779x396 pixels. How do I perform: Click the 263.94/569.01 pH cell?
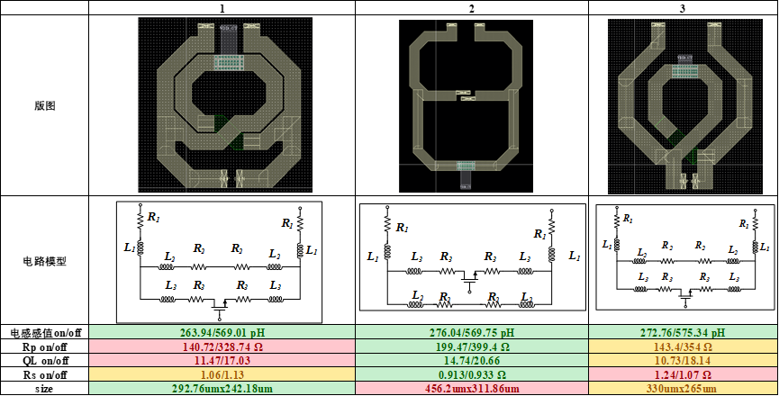click(222, 332)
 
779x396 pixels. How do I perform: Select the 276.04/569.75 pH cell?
click(472, 332)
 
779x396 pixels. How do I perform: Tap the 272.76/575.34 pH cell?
click(682, 332)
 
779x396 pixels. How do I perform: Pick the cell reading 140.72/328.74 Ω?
click(222, 346)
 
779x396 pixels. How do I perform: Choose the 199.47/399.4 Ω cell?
click(472, 346)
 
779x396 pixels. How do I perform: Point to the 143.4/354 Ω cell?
click(682, 346)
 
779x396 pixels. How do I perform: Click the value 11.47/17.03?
click(222, 360)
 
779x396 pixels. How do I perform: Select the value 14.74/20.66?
click(472, 360)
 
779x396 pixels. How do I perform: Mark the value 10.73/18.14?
click(682, 360)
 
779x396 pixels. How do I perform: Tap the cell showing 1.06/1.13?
click(222, 374)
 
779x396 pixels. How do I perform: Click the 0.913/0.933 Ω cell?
click(472, 374)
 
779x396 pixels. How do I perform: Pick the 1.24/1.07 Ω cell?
click(682, 374)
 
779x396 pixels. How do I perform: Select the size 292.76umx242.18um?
click(222, 388)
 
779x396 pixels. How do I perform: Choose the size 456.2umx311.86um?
click(472, 388)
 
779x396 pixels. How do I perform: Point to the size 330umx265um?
click(682, 388)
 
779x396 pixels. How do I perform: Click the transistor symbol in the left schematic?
click(219, 307)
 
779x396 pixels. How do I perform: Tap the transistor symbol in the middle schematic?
click(467, 279)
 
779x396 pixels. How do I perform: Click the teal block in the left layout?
click(230, 62)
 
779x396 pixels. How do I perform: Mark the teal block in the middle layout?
click(466, 166)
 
